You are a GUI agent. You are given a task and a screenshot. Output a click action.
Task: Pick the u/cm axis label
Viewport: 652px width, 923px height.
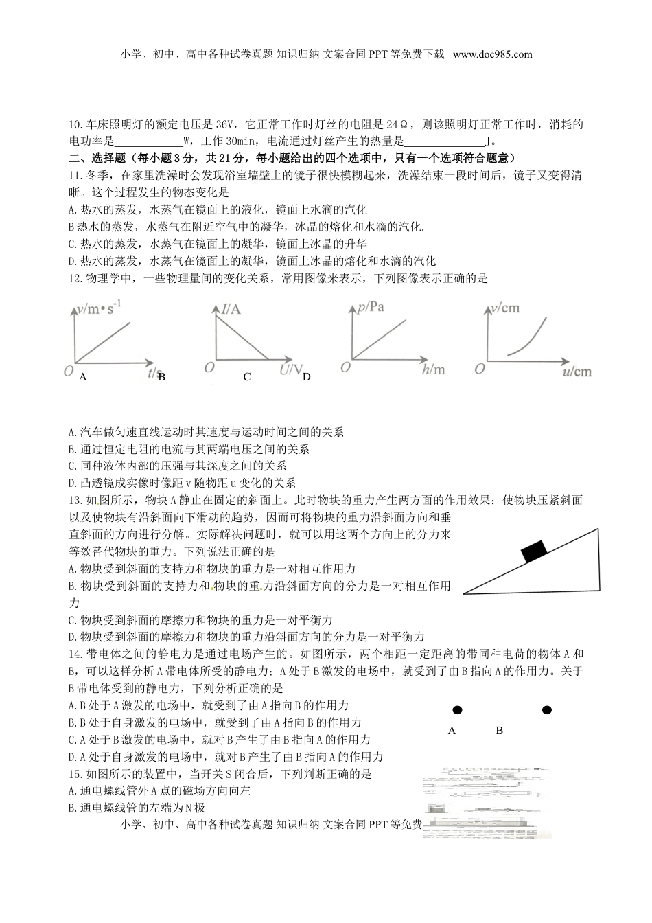[x=576, y=372]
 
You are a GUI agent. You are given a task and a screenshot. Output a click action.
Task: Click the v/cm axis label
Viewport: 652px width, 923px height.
[x=505, y=308]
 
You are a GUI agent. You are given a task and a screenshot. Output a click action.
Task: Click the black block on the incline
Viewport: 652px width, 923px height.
[x=534, y=551]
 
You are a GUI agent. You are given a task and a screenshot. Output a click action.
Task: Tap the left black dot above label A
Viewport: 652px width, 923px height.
[x=456, y=710]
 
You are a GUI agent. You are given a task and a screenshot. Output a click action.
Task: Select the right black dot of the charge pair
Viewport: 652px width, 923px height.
[x=546, y=710]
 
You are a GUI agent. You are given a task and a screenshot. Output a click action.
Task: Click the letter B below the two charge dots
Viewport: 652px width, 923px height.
[x=499, y=731]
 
